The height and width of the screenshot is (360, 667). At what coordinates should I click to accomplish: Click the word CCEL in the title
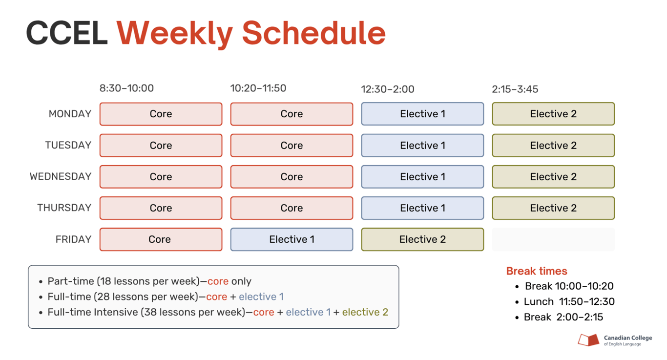coord(67,33)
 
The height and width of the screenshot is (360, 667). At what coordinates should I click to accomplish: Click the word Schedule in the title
coord(314,33)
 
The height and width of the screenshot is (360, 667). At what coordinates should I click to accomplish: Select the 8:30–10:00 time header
coord(126,88)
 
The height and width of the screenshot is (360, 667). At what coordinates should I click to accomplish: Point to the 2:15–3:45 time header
coord(515,89)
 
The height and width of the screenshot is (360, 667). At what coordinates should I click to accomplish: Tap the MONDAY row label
coord(70,114)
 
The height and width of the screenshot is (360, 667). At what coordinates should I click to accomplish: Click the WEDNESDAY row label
coord(61,176)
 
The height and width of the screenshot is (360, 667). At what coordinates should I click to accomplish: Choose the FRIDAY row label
coord(73,239)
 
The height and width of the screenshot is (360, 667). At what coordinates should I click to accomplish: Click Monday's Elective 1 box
coord(422,114)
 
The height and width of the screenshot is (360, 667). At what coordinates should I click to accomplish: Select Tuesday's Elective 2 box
coord(553,145)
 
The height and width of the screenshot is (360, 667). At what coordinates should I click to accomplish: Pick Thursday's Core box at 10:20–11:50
coord(292,208)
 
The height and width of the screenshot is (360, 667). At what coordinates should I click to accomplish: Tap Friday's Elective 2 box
coord(422,239)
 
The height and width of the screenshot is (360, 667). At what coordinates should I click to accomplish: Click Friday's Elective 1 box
coord(292,239)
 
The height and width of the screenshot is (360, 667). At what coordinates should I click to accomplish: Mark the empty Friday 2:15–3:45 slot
coord(553,239)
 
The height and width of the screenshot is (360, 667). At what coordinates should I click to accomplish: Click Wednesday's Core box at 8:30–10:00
coord(161,176)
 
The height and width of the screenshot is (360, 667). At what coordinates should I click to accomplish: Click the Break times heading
coord(537,271)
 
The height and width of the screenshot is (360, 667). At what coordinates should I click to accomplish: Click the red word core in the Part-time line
coord(218,281)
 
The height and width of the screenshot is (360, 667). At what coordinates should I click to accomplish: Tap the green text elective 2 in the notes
coord(365,312)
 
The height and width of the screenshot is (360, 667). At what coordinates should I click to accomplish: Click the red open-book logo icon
coord(589,340)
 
